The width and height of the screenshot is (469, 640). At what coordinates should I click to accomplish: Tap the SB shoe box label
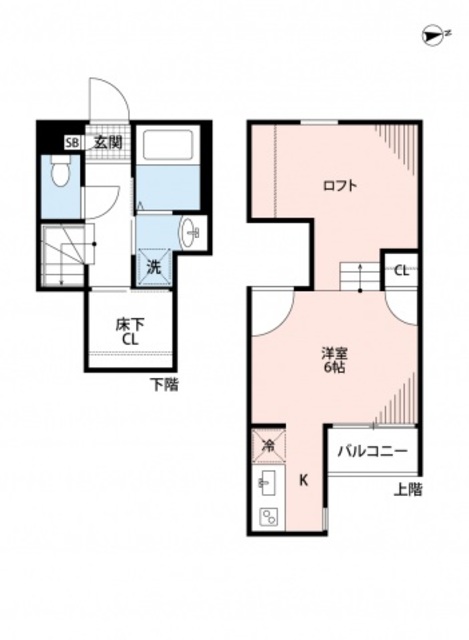71,143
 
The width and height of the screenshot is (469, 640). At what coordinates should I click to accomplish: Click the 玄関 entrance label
108,143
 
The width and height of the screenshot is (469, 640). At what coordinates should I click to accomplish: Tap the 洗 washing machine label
154,267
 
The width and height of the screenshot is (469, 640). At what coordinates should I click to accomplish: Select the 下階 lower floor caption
165,384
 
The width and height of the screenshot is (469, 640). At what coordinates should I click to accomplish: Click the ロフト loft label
341,185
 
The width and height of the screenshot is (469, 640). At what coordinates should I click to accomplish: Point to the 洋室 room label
334,353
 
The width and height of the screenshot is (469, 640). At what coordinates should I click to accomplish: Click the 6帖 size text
334,369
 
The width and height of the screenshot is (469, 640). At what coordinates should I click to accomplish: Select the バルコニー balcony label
371,452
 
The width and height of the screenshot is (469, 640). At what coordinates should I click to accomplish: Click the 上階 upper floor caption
407,489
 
